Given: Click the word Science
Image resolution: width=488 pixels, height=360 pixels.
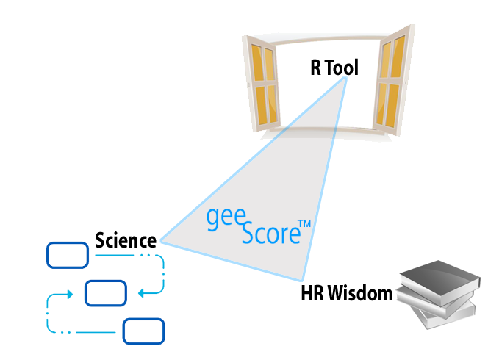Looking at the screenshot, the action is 126,240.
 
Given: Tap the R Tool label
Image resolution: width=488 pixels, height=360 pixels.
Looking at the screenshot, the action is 334,67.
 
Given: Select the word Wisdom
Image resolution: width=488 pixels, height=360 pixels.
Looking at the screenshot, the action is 360,293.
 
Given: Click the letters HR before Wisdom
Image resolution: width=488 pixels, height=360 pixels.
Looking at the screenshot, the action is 313,293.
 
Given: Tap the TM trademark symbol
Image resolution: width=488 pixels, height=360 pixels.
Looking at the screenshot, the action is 304,224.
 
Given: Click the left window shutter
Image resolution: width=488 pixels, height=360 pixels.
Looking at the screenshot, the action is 261,84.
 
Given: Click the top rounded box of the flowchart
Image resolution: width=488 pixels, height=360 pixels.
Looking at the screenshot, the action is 68,255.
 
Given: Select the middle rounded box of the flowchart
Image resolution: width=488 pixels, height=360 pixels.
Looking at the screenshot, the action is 106,293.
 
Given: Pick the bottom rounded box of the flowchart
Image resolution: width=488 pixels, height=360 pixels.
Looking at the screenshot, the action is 143,331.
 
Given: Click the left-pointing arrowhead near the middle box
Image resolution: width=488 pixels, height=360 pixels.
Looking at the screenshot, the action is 140,293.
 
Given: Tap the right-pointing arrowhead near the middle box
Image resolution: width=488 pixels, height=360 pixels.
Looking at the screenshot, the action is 71,294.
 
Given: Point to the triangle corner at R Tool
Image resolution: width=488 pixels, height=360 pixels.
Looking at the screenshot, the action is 345,77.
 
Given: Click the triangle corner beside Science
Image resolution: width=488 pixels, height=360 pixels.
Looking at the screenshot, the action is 160,240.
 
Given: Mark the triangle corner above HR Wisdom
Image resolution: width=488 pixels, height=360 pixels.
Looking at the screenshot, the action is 302,281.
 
